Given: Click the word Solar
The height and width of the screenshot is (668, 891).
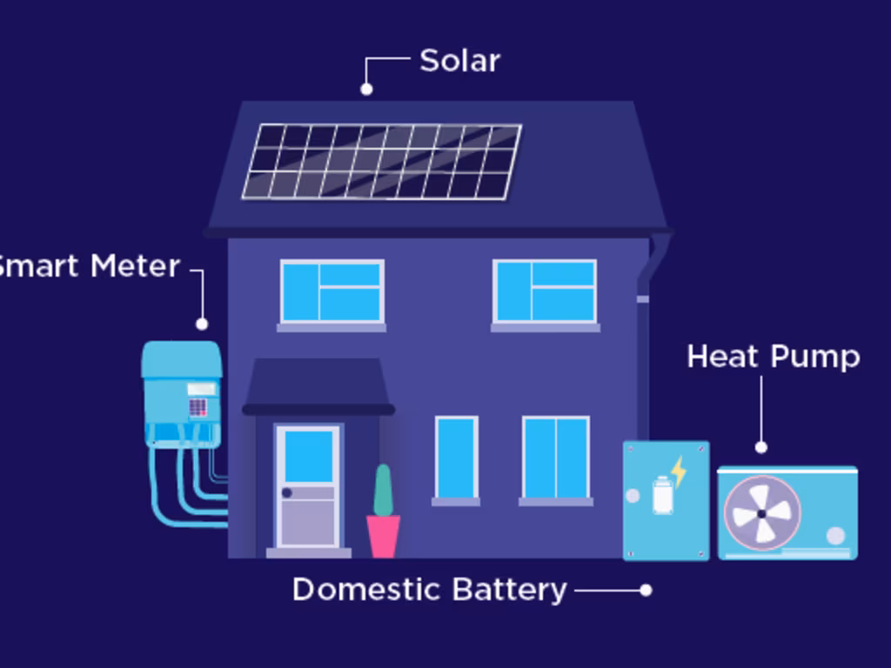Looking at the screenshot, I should pyautogui.click(x=459, y=61).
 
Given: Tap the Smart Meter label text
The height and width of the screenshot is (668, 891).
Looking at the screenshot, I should pyautogui.click(x=87, y=266).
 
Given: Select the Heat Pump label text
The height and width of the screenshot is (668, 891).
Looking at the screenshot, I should pyautogui.click(x=773, y=357).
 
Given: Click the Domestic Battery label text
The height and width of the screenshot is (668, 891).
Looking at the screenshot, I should pyautogui.click(x=429, y=590).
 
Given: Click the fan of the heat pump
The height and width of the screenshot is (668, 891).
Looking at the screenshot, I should pyautogui.click(x=761, y=513).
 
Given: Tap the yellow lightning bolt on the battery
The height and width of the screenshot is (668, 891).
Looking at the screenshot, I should pyautogui.click(x=678, y=471).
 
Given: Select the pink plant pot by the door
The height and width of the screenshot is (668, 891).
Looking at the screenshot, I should pyautogui.click(x=383, y=535).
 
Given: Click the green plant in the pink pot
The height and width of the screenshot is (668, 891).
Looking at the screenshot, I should pyautogui.click(x=383, y=490).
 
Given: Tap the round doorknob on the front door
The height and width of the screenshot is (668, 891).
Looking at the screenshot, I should pyautogui.click(x=286, y=493).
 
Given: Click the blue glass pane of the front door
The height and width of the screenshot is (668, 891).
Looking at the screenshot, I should pyautogui.click(x=308, y=456).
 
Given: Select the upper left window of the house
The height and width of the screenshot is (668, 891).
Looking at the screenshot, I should pyautogui.click(x=332, y=291).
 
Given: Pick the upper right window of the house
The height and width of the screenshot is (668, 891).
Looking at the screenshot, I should pyautogui.click(x=545, y=291).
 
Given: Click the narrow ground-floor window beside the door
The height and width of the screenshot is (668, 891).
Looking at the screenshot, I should pyautogui.click(x=456, y=458).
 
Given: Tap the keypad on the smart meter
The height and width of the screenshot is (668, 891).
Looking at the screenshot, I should pyautogui.click(x=198, y=407).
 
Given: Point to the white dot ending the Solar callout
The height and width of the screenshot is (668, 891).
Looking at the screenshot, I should pyautogui.click(x=366, y=89).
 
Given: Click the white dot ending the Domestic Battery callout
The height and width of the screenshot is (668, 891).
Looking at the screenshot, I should pyautogui.click(x=646, y=590).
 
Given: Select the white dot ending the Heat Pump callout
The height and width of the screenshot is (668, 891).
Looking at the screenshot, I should pyautogui.click(x=761, y=447).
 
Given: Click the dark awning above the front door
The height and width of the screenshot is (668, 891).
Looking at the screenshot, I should pyautogui.click(x=317, y=383).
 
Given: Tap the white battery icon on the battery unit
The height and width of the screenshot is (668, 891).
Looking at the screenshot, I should pyautogui.click(x=662, y=496).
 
